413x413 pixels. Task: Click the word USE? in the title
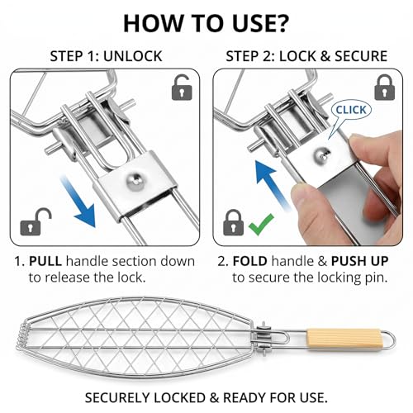point(260,23)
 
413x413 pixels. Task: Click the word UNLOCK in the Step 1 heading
point(133,56)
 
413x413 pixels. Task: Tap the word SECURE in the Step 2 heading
point(361,56)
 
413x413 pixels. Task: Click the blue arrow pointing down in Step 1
point(78,202)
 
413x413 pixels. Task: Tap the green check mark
point(261,225)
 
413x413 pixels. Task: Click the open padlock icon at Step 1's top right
point(182,88)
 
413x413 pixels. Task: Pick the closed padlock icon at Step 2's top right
point(385,88)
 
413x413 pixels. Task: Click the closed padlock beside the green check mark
point(233,222)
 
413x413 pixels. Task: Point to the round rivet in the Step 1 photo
point(135,182)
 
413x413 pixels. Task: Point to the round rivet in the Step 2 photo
point(320,156)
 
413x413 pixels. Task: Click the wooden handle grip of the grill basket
point(344,338)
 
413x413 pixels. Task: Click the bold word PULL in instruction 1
point(45,261)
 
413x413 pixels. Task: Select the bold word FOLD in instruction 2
point(250,261)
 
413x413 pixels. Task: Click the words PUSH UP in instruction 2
point(359,261)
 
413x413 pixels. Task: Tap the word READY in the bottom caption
point(244,397)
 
